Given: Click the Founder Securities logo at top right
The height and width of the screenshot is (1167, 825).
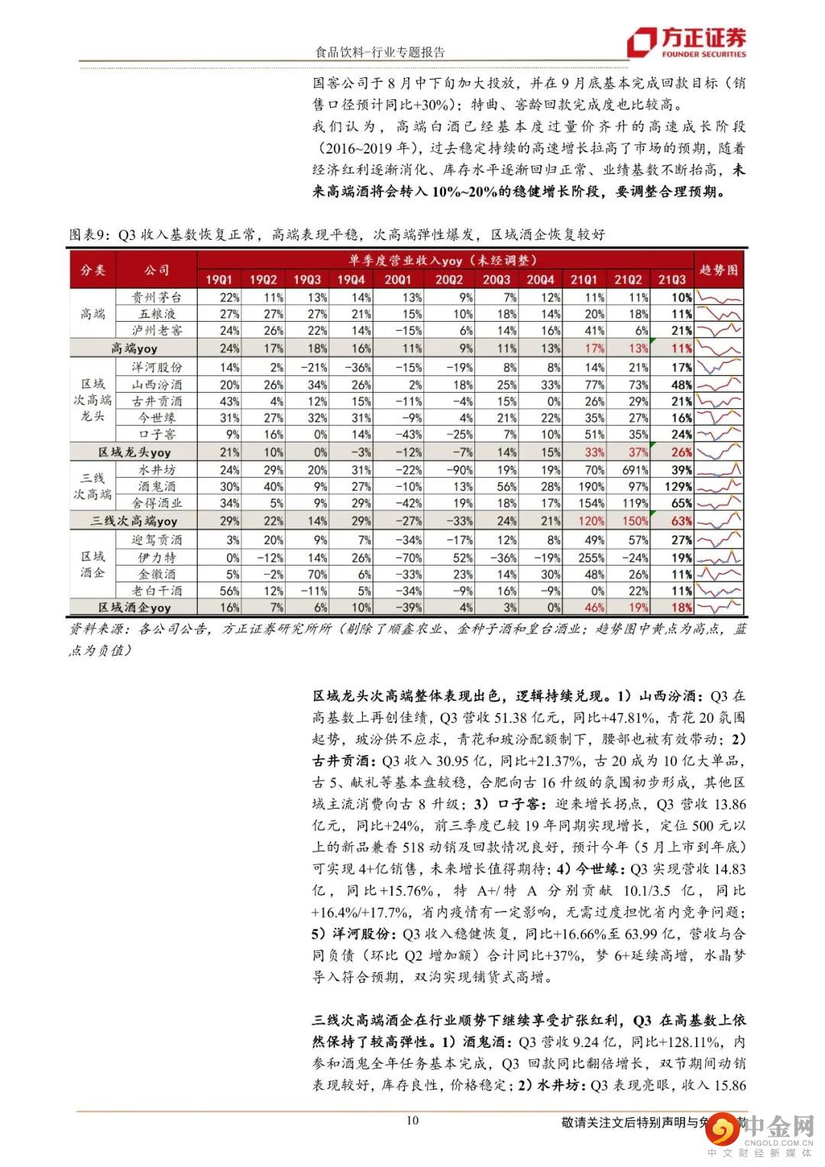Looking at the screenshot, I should click(x=686, y=43).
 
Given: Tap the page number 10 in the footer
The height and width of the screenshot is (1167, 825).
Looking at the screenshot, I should click(x=412, y=1120).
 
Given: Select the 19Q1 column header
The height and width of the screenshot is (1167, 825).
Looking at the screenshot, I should click(x=219, y=280).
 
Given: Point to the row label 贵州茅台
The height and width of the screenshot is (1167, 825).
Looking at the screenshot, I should click(x=157, y=297).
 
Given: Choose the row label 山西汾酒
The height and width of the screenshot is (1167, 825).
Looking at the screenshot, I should click(x=157, y=384).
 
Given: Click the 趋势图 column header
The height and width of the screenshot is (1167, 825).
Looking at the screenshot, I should click(x=720, y=270).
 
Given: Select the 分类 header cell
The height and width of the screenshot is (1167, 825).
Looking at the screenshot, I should click(x=93, y=270).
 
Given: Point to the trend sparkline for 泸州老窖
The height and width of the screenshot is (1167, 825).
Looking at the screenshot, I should click(x=720, y=330).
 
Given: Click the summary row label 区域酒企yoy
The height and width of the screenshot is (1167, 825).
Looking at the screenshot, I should click(x=134, y=608).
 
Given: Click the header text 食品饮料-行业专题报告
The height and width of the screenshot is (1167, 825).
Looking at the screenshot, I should click(x=380, y=52).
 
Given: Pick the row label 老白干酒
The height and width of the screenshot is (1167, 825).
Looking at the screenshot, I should click(x=157, y=591).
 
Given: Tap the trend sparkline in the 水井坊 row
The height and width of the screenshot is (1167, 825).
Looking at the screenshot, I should click(x=720, y=470).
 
